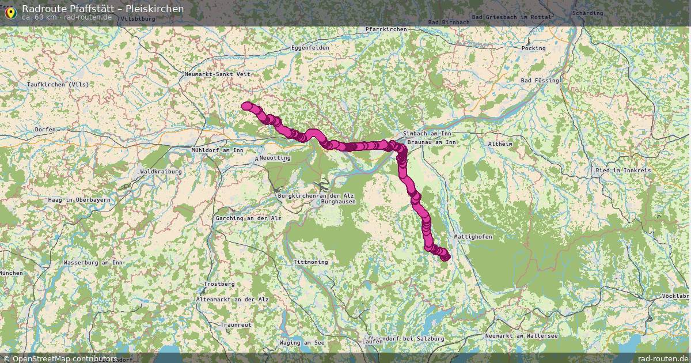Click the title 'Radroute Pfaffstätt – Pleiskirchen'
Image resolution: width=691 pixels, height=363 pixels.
(102, 9)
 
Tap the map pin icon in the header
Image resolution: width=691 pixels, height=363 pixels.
(10, 12)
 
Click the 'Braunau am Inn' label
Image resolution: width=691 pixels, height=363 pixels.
(431, 142)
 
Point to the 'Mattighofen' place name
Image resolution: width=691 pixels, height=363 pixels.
(473, 237)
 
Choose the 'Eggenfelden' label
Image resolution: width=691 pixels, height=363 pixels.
(310, 47)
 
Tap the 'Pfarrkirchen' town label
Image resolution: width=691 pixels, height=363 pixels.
(386, 29)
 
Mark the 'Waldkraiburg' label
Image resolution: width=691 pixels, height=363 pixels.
(161, 172)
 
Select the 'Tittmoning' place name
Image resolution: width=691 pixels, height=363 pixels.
(310, 262)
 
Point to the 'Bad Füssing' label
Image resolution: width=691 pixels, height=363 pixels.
(540, 81)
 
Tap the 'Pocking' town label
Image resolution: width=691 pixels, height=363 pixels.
(533, 48)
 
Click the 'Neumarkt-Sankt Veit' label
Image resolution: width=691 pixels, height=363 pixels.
(218, 74)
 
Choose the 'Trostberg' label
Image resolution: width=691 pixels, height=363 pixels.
(219, 285)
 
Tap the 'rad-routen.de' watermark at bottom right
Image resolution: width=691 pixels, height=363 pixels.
(663, 358)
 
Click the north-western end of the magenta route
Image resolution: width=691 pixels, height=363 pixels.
(246, 106)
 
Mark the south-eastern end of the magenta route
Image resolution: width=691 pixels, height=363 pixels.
(445, 257)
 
